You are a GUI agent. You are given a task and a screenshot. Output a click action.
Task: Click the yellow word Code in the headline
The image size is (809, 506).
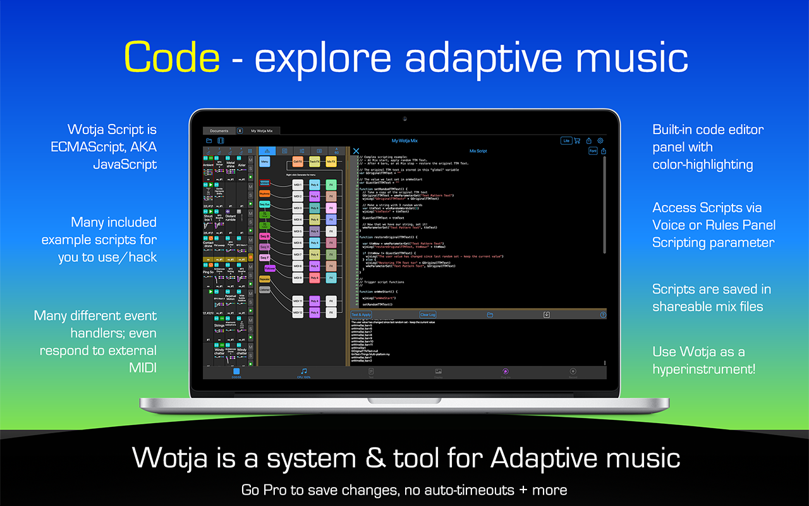[x=172, y=57]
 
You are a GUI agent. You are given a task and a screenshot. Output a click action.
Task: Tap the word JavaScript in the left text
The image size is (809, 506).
[x=125, y=164]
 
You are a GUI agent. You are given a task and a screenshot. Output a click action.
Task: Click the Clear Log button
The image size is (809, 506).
[x=428, y=314]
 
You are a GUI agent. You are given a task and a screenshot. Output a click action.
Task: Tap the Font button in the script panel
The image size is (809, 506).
[x=593, y=151]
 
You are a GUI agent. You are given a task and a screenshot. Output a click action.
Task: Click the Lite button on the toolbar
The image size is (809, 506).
[x=566, y=140]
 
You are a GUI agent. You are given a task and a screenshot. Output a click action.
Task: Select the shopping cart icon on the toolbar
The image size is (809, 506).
[x=577, y=140]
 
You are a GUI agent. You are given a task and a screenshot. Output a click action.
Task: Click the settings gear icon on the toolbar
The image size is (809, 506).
[x=600, y=140]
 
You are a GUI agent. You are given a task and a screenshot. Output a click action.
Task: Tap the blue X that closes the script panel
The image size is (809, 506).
[x=356, y=151]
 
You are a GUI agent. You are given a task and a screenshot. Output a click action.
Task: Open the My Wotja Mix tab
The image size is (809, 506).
[x=261, y=130]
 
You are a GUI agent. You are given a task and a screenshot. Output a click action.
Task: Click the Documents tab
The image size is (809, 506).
[x=219, y=130]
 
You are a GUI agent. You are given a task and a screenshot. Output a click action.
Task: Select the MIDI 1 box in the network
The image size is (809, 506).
[x=298, y=185]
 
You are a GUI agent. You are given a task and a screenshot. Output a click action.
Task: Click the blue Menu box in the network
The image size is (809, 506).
[x=265, y=162]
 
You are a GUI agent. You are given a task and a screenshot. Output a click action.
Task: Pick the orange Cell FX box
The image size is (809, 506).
[x=298, y=162]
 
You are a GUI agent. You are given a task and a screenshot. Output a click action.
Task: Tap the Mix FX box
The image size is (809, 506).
[x=331, y=162]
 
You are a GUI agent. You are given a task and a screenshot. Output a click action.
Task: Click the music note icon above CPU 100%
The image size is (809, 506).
[x=304, y=371]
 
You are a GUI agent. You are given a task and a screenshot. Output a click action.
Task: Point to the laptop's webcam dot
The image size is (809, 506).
[x=404, y=118]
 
